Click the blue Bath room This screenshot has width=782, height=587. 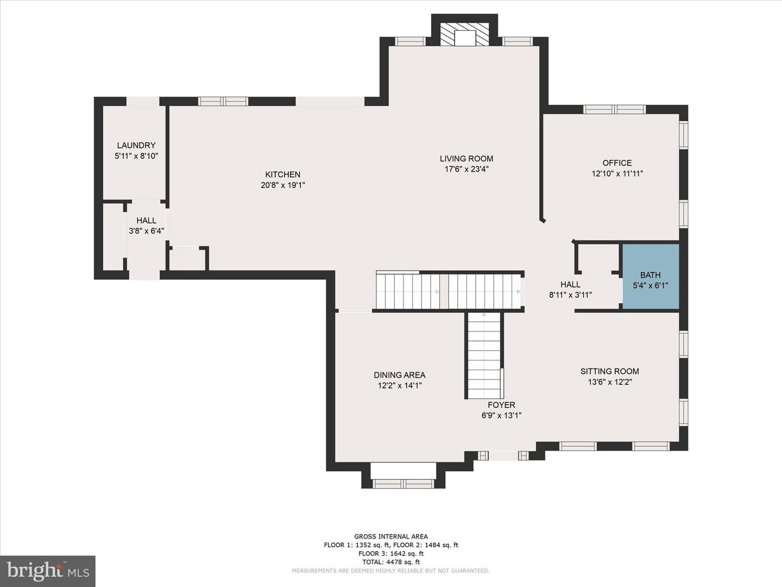coord(651,276)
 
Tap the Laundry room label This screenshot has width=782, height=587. coord(136,146)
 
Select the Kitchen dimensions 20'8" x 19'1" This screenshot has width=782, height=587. coord(283,185)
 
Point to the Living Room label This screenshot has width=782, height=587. coord(466,159)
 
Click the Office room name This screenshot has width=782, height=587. coord(617,163)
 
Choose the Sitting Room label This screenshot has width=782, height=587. coord(609,371)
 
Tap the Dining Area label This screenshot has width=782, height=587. coord(399,375)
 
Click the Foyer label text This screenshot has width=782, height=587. coord(501,405)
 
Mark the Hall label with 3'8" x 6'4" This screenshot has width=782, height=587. coord(146,221)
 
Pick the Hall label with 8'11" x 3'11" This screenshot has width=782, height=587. coord(570,284)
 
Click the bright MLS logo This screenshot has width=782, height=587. coord(48,571)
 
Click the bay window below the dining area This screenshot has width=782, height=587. coord(403,484)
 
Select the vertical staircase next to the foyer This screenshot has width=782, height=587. coord(484,355)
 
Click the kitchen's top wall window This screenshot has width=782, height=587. coord(223,101)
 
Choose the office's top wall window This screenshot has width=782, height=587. coord(614,109)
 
